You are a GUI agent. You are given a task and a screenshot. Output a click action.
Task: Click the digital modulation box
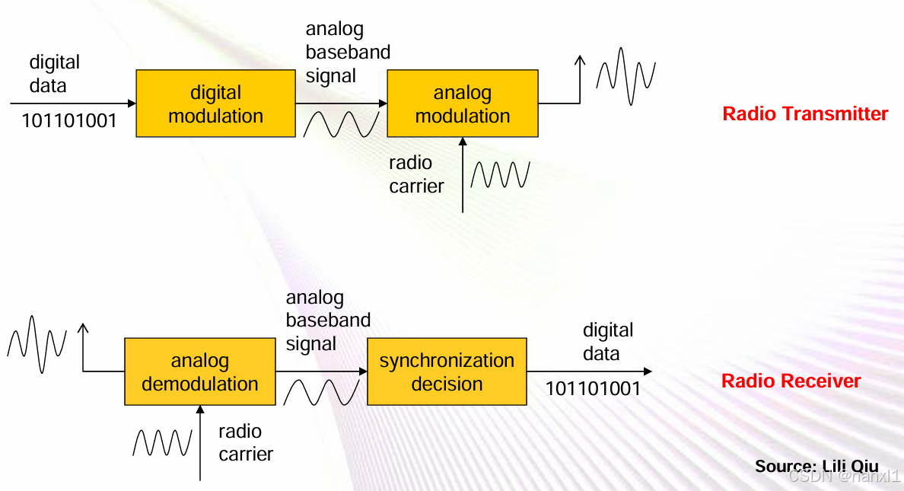pyautogui.click(x=215, y=104)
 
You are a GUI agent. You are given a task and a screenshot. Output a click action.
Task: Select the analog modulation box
pyautogui.click(x=462, y=104)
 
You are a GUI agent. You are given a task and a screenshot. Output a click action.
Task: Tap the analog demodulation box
pyautogui.click(x=199, y=371)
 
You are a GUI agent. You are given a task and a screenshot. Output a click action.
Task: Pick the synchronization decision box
pyautogui.click(x=447, y=371)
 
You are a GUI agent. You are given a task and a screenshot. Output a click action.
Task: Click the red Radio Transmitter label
pyautogui.click(x=805, y=114)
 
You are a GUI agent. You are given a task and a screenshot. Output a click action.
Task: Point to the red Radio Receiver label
pyautogui.click(x=791, y=381)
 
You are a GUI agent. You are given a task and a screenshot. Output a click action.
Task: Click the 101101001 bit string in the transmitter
pyautogui.click(x=69, y=121)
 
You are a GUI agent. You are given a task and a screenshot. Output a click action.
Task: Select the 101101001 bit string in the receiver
pyautogui.click(x=593, y=389)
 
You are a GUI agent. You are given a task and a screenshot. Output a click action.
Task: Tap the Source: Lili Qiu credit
pyautogui.click(x=816, y=466)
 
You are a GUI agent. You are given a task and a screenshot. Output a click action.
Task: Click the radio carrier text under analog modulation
pyautogui.click(x=416, y=174)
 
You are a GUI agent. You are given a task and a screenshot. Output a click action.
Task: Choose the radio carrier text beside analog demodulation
pyautogui.click(x=246, y=442)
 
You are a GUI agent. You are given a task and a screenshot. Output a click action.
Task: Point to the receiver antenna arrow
pyautogui.click(x=83, y=346)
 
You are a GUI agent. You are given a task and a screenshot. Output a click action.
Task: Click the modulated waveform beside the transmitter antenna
pyautogui.click(x=625, y=75)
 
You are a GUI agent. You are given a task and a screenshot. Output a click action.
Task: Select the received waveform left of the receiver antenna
pyautogui.click(x=37, y=344)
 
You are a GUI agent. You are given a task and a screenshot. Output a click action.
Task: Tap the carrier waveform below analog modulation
pyautogui.click(x=499, y=174)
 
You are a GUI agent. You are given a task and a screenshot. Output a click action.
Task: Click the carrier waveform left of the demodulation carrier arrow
pyautogui.click(x=162, y=442)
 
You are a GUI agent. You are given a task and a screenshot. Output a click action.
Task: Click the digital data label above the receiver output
pyautogui.click(x=607, y=342)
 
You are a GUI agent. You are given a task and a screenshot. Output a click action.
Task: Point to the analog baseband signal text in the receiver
pyautogui.click(x=328, y=320)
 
